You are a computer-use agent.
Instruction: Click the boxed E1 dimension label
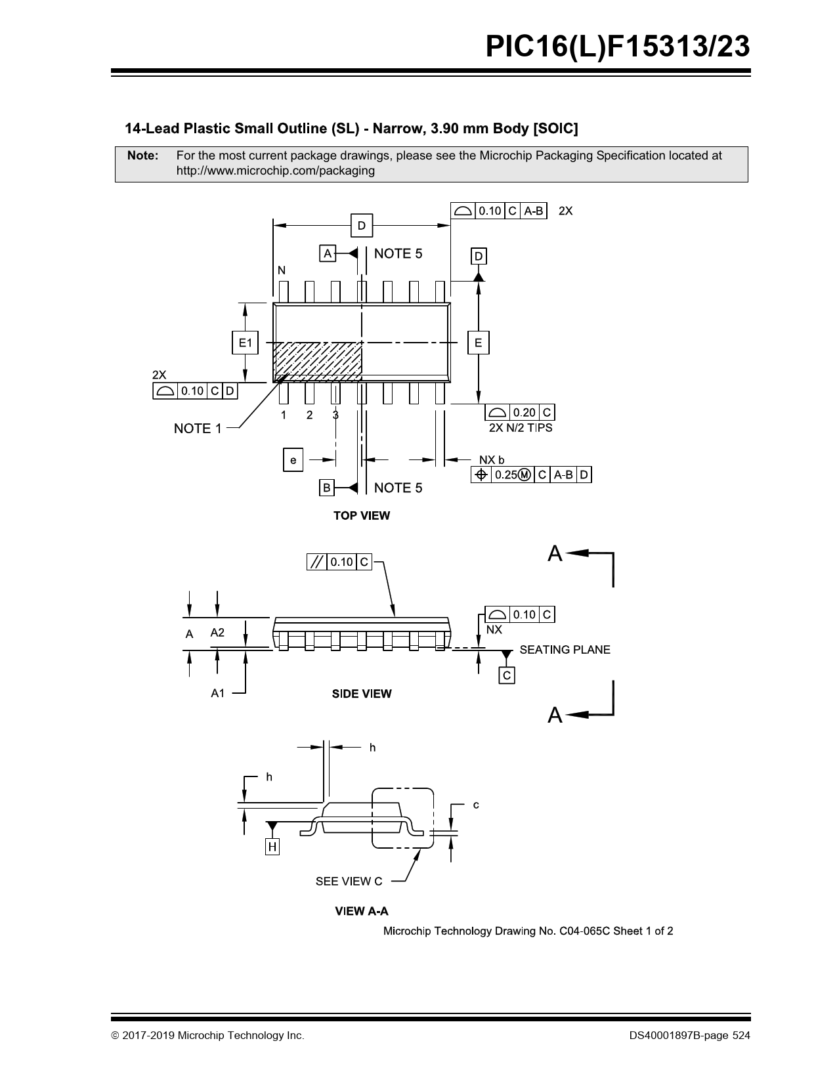coord(245,343)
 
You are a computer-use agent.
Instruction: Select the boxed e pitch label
coord(293,460)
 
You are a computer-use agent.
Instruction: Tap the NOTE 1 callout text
coord(198,429)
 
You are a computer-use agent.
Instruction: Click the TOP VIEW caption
coord(362,515)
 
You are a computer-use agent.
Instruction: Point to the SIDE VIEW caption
coord(362,694)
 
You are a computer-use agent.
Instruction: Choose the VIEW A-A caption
coord(362,911)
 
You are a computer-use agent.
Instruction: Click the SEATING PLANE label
coord(565,649)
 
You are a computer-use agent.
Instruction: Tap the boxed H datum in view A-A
coord(272,846)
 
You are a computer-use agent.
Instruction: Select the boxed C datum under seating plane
coord(507,675)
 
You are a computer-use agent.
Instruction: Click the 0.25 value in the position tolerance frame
coord(506,475)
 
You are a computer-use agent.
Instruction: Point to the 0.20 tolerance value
coord(524,412)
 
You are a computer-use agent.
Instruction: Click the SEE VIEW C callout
coord(349,881)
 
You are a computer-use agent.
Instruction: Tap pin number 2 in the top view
coord(310,415)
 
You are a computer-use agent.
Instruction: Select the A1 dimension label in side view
coord(218,692)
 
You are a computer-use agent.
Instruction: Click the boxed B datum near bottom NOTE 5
coord(326,488)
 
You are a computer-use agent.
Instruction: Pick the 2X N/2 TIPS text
coord(521,427)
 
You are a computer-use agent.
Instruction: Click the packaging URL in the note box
coord(275,171)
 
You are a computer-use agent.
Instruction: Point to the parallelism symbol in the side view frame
coord(316,563)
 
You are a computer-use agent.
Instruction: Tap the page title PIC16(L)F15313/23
coord(618,47)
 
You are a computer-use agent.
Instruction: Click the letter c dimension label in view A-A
coord(476,805)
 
